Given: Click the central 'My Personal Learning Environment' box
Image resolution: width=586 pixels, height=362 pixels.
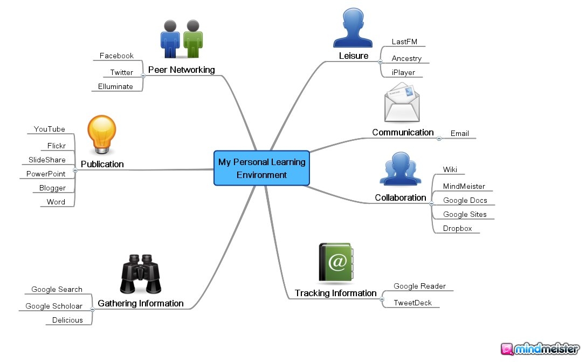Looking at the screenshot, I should [261, 168].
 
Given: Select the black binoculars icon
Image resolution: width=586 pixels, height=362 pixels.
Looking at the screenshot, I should [140, 275].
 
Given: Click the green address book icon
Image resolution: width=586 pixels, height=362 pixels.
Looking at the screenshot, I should [335, 262].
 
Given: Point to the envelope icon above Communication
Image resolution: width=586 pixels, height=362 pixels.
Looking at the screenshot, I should [402, 103].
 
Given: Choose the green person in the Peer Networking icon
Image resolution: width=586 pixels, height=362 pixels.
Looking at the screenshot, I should [192, 39].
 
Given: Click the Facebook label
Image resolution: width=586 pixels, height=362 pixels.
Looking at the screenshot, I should [116, 56].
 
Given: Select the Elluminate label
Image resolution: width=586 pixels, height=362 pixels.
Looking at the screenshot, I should [115, 86].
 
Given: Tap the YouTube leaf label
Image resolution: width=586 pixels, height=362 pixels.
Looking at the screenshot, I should [49, 129].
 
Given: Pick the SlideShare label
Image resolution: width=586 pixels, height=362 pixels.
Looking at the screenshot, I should [47, 160].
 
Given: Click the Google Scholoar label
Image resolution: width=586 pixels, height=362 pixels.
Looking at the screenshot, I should [54, 306].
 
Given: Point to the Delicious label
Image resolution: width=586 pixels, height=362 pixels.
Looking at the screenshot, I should [67, 320].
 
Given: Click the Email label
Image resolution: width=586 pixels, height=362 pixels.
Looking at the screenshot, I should [459, 133].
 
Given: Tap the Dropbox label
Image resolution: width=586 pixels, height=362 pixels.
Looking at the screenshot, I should [457, 228].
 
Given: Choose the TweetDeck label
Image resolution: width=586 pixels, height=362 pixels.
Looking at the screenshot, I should [412, 303].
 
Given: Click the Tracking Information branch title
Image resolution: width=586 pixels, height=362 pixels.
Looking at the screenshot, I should [335, 293].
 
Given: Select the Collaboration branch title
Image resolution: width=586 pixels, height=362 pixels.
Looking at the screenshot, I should [401, 197].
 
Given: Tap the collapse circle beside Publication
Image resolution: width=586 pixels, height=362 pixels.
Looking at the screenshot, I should [75, 170].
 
